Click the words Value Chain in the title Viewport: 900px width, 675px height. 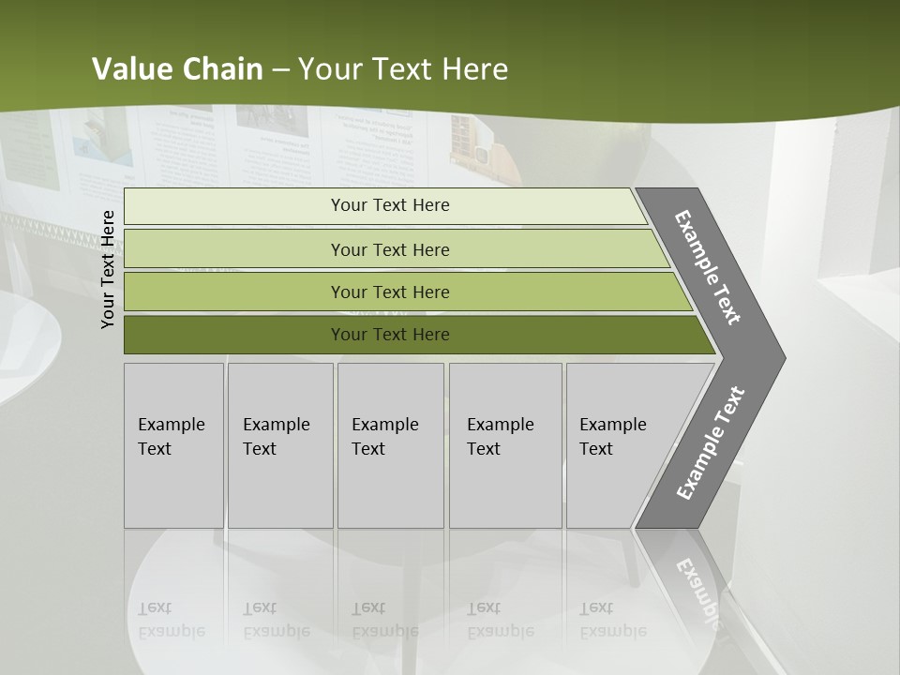(177, 68)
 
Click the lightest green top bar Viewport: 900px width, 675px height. (234, 206)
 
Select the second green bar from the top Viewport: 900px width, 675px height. (234, 249)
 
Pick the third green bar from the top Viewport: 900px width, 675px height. (234, 292)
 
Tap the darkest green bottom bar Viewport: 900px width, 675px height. (234, 335)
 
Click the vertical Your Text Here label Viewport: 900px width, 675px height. (109, 269)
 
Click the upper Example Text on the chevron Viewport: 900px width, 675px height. (708, 267)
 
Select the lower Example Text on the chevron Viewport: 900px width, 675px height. (711, 443)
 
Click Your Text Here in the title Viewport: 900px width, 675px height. (403, 68)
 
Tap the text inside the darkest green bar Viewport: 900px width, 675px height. (390, 335)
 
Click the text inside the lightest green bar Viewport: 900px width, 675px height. (390, 205)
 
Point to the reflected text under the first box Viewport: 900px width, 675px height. (171, 620)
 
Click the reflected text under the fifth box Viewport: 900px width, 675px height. (613, 620)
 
